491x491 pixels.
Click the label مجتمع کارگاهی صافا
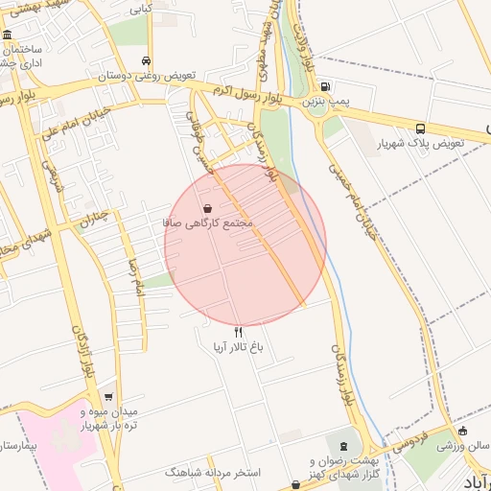point(208,222)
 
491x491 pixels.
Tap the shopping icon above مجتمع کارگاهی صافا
point(208,207)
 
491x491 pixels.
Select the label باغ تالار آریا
point(238,345)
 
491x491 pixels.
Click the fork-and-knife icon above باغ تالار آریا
point(239,332)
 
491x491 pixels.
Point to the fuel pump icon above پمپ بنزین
point(326,85)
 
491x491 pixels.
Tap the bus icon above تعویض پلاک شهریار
point(421,129)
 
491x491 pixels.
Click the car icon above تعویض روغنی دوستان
point(145,60)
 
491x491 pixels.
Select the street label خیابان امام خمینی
point(351,188)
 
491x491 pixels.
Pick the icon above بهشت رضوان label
point(342,446)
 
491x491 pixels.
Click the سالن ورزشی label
point(466,445)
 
